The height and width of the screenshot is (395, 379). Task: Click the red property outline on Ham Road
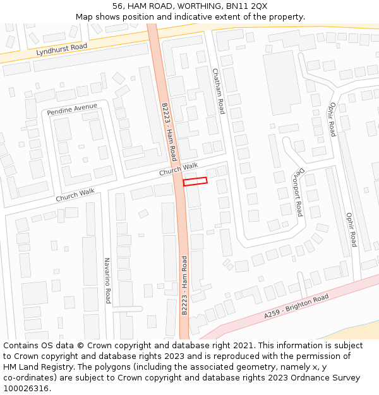click(195, 182)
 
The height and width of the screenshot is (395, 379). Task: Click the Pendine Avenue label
click(72, 109)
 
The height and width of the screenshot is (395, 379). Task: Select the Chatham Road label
click(218, 90)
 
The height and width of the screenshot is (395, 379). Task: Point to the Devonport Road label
click(296, 192)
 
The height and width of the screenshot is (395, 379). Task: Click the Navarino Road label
click(107, 281)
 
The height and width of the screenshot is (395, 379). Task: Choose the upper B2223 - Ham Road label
click(169, 132)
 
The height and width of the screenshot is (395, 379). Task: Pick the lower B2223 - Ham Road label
click(184, 286)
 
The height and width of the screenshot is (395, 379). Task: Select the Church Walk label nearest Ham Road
click(178, 169)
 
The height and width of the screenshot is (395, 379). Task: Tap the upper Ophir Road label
click(332, 119)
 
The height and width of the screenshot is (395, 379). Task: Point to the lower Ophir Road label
click(351, 229)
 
